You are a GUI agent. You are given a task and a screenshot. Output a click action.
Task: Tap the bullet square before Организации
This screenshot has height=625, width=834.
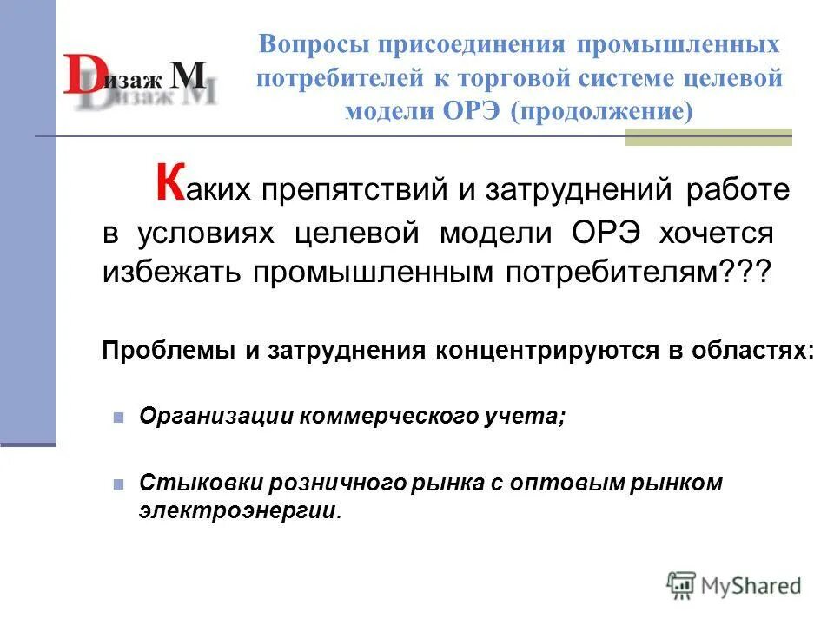(x=119, y=417)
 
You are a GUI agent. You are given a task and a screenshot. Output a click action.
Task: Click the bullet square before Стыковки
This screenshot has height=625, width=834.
(x=119, y=484)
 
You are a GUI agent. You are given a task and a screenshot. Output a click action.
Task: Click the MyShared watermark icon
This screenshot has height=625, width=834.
(x=681, y=584)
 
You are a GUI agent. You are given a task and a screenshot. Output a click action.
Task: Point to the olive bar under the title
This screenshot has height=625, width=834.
(x=708, y=138)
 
